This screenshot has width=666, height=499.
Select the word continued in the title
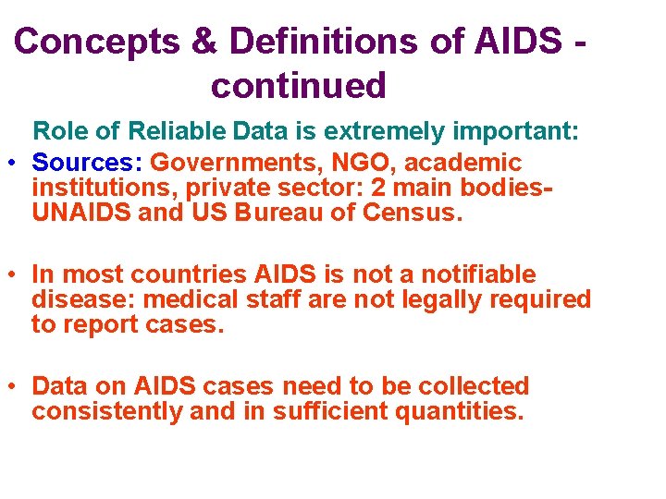(298, 86)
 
